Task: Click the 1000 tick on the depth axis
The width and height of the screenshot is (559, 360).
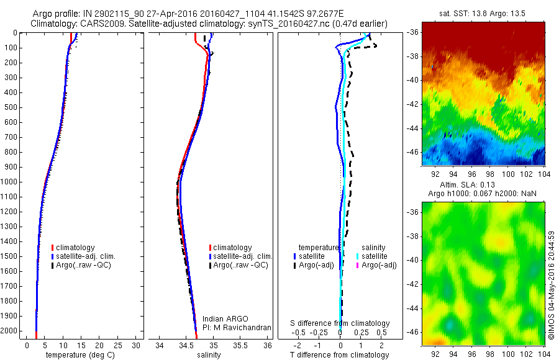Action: click(x=12, y=182)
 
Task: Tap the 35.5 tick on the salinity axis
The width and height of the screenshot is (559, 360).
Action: click(x=240, y=345)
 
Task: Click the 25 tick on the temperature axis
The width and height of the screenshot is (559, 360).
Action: click(x=118, y=345)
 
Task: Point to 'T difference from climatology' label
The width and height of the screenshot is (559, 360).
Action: click(x=339, y=355)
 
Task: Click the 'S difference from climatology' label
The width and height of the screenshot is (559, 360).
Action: click(x=340, y=323)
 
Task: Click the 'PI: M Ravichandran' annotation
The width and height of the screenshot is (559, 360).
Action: click(x=237, y=327)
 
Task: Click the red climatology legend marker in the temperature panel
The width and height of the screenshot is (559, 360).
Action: click(x=53, y=248)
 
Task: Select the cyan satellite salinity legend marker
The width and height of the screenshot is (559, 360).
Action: click(x=358, y=256)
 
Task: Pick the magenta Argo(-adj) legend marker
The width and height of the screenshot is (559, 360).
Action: click(x=358, y=265)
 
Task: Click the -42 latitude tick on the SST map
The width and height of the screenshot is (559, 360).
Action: click(x=415, y=104)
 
